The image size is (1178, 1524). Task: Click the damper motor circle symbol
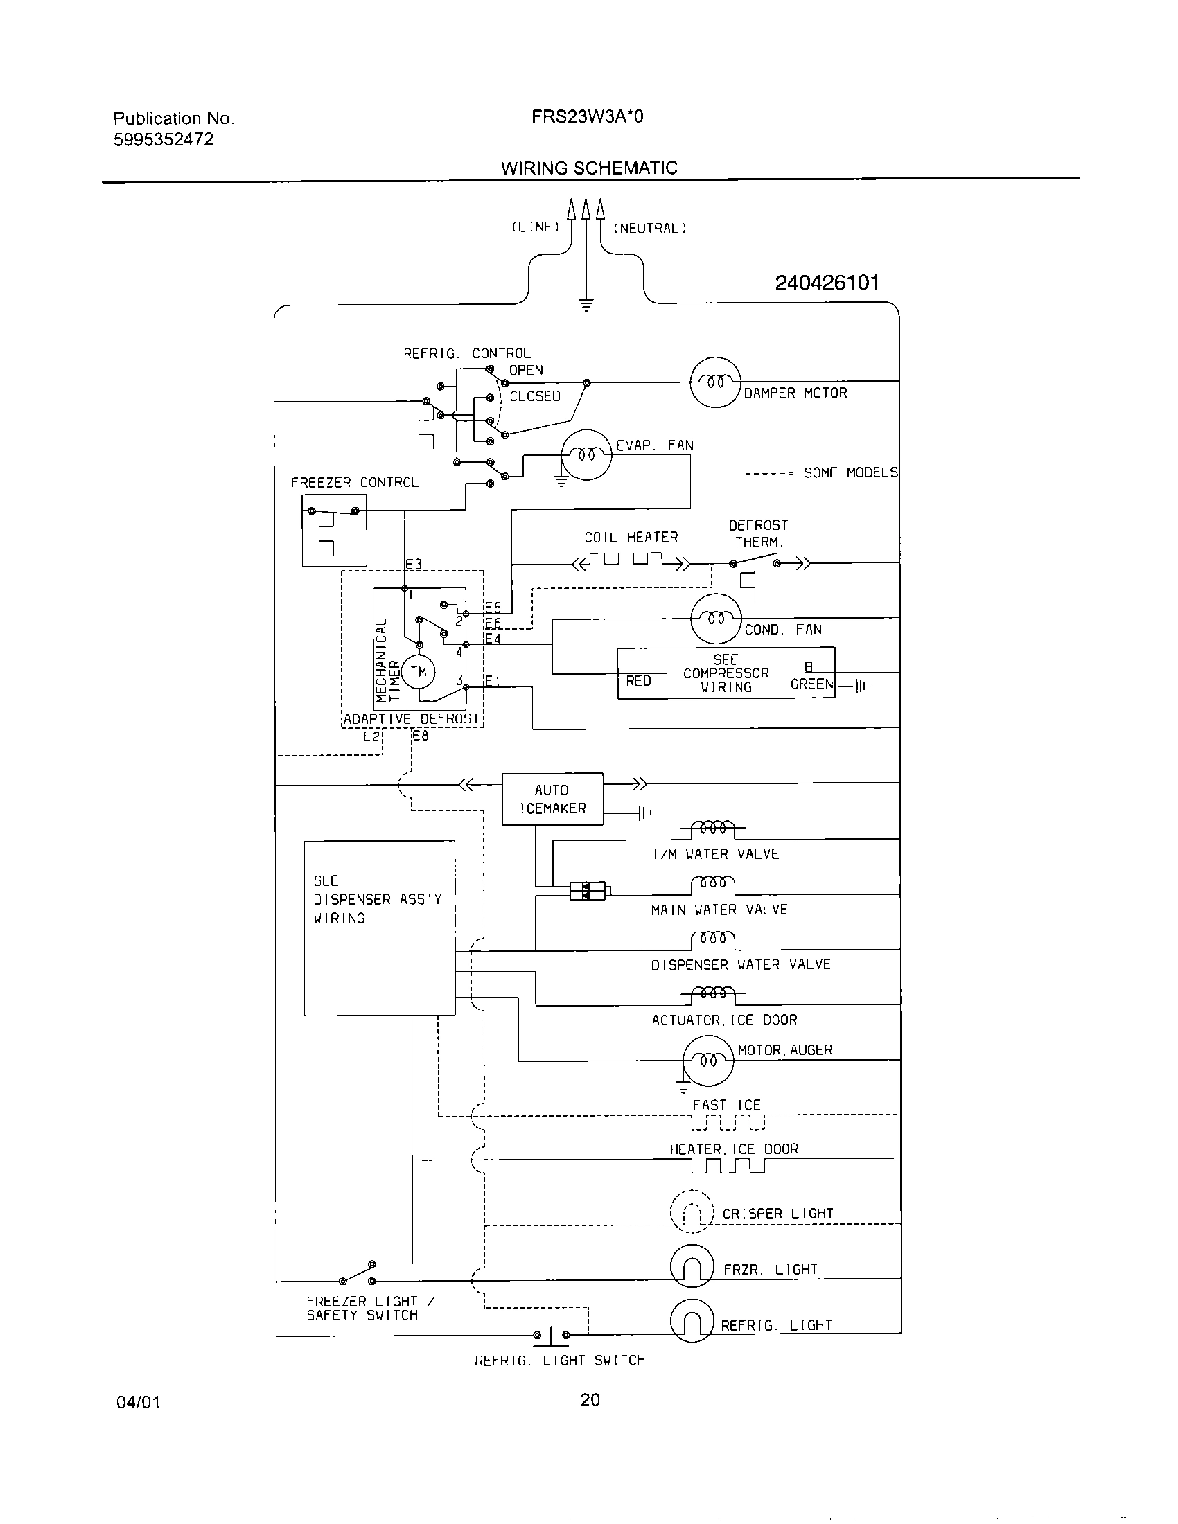coord(715,382)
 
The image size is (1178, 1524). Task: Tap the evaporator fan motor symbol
coord(587,454)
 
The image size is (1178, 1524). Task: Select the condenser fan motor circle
coord(715,618)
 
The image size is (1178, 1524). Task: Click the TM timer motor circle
coord(418,672)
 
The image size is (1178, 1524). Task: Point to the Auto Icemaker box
coord(552,799)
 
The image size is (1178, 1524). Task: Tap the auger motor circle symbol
coord(708,1061)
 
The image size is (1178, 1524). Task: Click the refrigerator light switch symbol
coord(552,1336)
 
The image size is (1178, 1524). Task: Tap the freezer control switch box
coord(334,531)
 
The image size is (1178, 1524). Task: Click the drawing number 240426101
coord(827,283)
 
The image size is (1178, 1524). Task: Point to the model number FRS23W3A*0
coord(587,116)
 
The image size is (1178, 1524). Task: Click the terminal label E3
coord(414,564)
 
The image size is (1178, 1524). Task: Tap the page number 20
coord(590,1400)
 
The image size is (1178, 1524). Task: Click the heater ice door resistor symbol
coord(728,1166)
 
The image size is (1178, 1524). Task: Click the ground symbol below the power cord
coord(586,305)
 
